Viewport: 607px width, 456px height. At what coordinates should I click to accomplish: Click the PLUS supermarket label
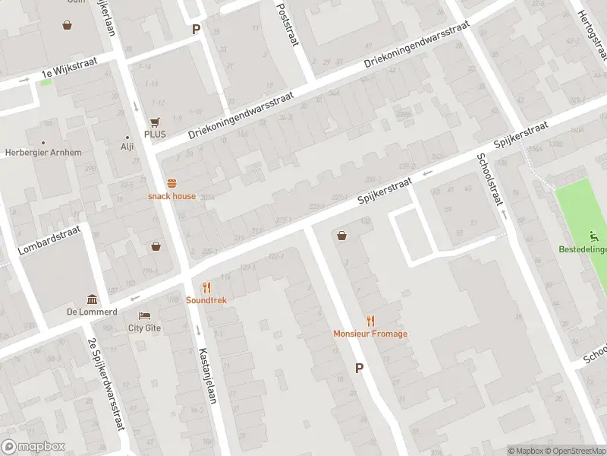(x=155, y=134)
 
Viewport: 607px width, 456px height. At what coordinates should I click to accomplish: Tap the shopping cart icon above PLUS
(x=156, y=122)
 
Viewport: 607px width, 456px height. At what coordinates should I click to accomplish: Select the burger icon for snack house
(x=171, y=183)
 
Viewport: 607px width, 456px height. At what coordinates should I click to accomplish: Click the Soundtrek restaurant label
(x=206, y=300)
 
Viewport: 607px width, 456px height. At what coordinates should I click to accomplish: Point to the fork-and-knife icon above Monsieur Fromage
(x=370, y=321)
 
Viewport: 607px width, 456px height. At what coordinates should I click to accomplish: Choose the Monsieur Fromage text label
(x=370, y=334)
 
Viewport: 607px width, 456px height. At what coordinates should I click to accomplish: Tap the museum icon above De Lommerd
(x=92, y=299)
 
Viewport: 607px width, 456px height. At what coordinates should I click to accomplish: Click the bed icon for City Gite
(x=144, y=315)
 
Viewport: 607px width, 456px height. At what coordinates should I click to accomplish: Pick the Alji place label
(x=127, y=147)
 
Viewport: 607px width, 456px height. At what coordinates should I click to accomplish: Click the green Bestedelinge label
(x=582, y=249)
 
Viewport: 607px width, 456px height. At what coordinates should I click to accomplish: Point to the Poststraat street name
(x=285, y=23)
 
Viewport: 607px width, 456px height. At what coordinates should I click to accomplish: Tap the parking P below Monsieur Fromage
(x=359, y=368)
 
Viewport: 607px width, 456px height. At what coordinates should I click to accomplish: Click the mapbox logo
(x=33, y=447)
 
